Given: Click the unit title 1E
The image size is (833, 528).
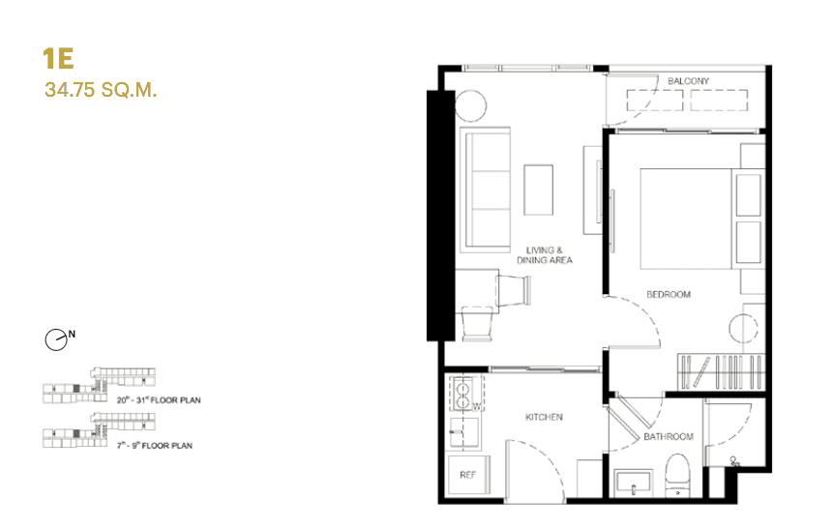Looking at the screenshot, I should click(59, 58).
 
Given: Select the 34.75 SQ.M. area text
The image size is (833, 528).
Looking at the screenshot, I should click(101, 92).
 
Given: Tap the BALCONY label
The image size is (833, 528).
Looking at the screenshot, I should click(688, 81).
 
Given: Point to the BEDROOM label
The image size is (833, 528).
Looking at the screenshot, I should click(669, 294).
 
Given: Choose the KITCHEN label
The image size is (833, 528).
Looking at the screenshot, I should click(544, 417).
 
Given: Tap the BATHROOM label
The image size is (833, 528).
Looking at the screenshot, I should click(669, 436).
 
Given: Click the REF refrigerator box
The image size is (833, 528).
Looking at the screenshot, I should click(466, 475).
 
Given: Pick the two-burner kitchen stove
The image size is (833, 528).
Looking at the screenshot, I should click(464, 395).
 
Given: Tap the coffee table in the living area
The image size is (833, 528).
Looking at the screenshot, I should click(539, 190).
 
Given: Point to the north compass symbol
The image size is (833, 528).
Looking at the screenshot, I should click(57, 339).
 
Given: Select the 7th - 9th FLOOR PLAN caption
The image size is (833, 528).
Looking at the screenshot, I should click(155, 446).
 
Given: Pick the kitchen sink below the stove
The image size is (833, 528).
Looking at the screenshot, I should click(465, 429).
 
